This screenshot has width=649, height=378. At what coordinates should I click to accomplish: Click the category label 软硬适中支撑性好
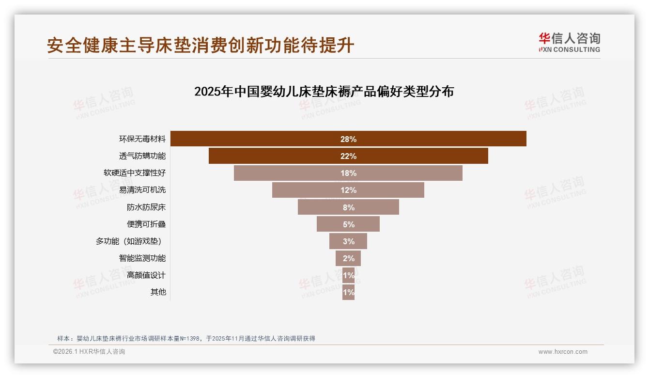(x=135, y=173)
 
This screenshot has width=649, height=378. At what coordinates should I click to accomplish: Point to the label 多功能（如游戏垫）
(x=129, y=241)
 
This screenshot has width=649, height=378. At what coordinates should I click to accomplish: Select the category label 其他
(x=158, y=292)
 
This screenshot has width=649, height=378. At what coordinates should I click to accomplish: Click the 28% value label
(x=348, y=139)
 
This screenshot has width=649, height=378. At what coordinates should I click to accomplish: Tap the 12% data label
(x=348, y=190)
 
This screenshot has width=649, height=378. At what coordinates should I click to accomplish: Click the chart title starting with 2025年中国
(x=324, y=91)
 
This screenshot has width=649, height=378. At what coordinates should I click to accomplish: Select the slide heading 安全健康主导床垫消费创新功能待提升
(x=201, y=45)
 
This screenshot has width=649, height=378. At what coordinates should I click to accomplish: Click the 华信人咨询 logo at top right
(x=570, y=42)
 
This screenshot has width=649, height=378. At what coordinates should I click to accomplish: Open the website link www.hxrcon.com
(x=563, y=352)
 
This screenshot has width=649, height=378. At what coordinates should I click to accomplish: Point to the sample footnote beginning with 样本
(x=186, y=338)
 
